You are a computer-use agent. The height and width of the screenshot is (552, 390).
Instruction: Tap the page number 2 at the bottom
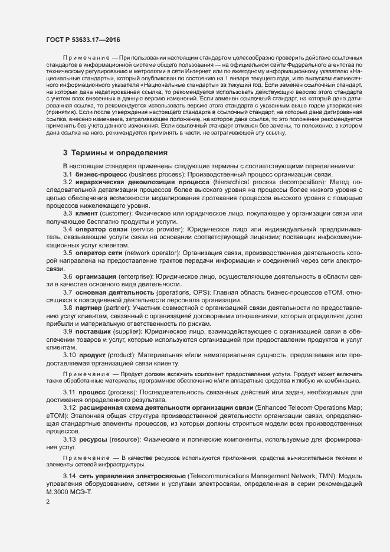[48, 502]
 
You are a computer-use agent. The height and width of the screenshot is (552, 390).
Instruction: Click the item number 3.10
[69, 355]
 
